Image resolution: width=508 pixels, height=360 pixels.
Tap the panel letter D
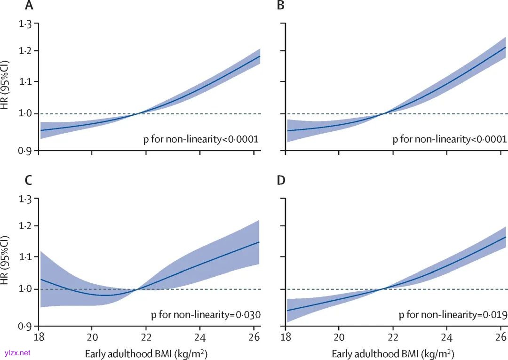280,180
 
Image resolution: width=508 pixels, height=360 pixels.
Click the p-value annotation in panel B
450,139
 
